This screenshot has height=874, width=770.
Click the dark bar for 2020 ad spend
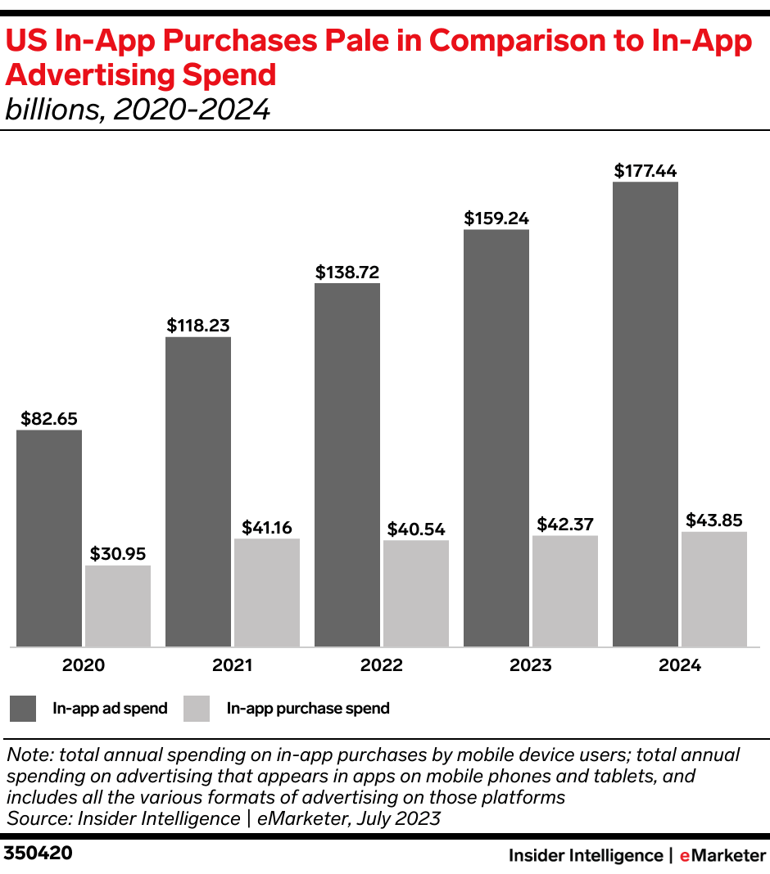tap(49, 538)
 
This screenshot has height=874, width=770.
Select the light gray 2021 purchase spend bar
tap(267, 592)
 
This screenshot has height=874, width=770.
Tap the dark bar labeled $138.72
tap(347, 465)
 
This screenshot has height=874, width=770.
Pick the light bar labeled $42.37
tap(565, 591)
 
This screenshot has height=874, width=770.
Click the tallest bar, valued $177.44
tap(645, 414)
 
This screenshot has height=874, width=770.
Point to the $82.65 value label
tap(49, 419)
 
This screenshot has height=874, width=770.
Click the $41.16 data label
tap(267, 528)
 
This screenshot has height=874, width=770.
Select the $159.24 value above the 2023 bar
tap(496, 218)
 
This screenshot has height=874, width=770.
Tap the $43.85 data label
tap(714, 520)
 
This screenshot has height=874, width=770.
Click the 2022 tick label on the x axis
tap(382, 665)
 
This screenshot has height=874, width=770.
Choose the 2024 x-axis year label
tap(680, 665)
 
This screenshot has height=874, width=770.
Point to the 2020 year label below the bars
tap(84, 665)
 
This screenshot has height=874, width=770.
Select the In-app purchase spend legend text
tap(308, 709)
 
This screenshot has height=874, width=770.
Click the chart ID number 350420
tap(38, 854)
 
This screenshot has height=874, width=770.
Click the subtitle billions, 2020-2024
tap(138, 110)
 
